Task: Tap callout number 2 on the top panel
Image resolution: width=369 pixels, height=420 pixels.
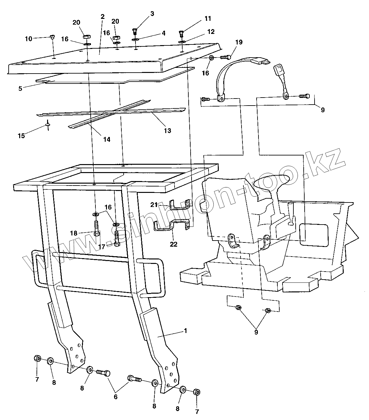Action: click(x=102, y=17)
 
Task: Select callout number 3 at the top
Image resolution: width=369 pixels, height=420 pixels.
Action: click(x=152, y=13)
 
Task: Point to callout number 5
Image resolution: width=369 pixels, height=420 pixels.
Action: click(x=20, y=88)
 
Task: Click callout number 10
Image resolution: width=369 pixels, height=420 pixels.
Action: click(x=29, y=39)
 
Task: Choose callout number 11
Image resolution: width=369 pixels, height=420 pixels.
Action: click(x=208, y=19)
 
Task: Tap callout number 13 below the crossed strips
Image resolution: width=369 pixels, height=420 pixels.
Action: click(x=167, y=131)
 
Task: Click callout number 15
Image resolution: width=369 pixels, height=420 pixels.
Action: click(x=21, y=136)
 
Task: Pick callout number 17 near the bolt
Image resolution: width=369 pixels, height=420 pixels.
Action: click(x=102, y=247)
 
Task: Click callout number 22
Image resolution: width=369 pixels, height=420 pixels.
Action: click(x=174, y=244)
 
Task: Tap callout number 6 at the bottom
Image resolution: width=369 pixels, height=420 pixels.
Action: click(x=116, y=397)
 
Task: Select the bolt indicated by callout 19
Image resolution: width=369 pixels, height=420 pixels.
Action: click(x=225, y=58)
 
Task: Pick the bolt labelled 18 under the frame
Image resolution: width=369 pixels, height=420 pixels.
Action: click(x=96, y=229)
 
